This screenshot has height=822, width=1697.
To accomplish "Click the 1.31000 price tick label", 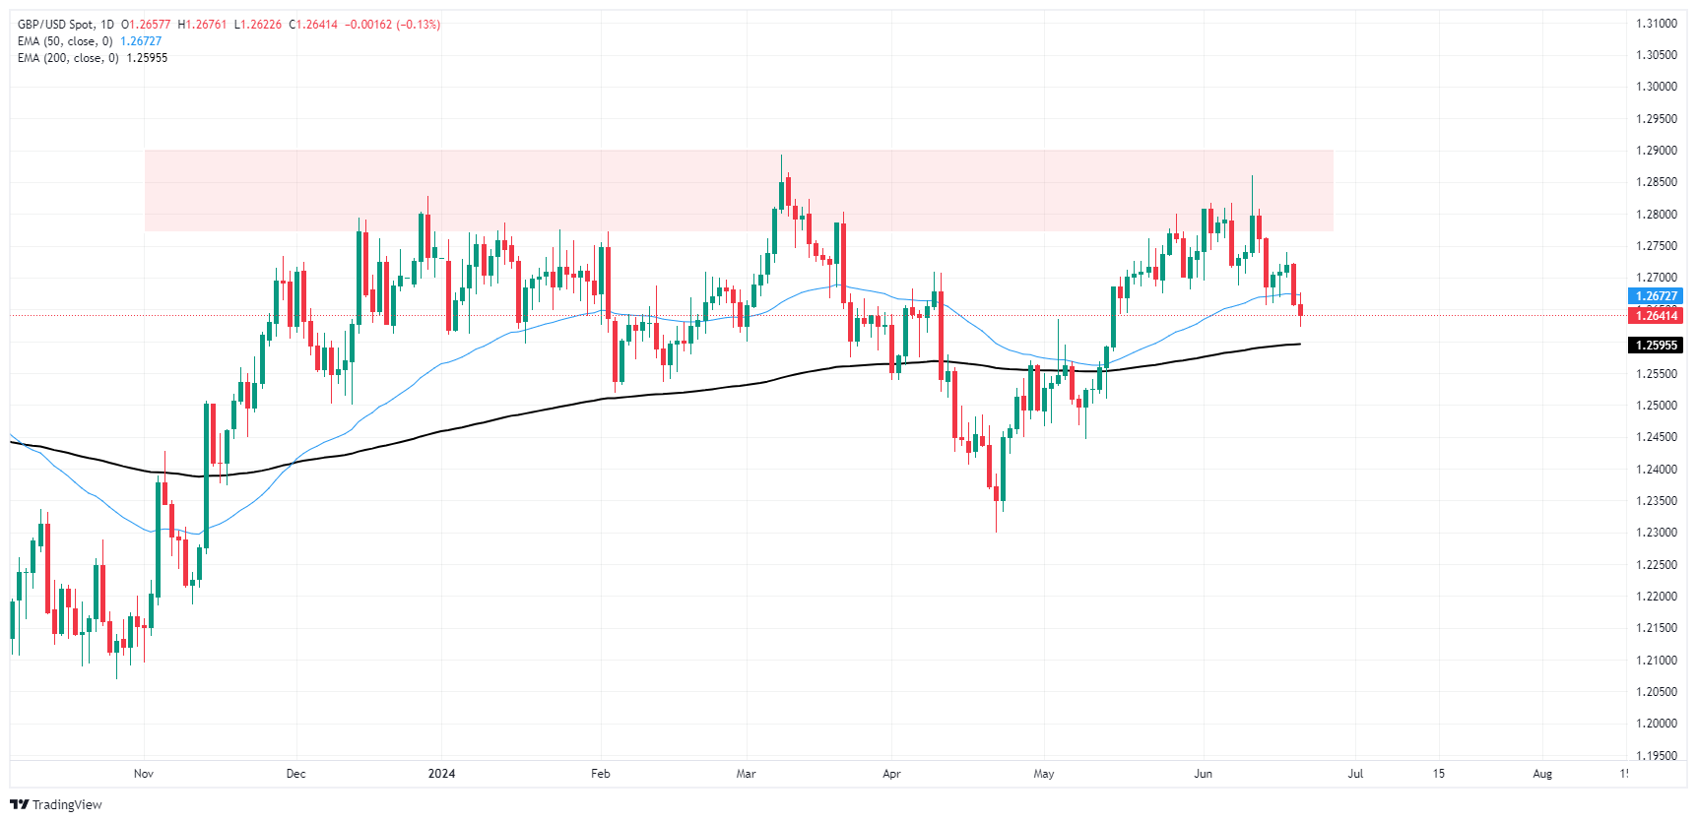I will click(1656, 24).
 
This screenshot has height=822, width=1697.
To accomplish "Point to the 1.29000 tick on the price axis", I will click(1656, 151).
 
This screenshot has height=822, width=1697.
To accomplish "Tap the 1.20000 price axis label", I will click(1656, 724).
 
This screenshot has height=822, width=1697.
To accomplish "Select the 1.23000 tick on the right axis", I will click(1656, 533).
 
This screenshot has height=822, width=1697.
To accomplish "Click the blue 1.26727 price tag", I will click(1656, 296).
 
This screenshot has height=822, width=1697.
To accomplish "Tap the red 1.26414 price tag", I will click(1656, 316).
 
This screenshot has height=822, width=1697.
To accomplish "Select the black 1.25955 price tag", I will click(1656, 346).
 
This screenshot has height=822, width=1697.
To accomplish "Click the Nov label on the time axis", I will click(144, 774).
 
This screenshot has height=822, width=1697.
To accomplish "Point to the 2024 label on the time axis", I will click(441, 774).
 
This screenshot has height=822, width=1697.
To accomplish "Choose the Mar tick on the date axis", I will click(746, 774).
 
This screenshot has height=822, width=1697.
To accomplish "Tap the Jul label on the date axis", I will click(1355, 774).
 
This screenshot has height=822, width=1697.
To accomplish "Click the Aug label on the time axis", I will click(1542, 774).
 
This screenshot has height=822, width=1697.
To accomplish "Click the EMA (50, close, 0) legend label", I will click(65, 41).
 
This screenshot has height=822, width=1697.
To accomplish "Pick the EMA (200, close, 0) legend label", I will click(68, 58).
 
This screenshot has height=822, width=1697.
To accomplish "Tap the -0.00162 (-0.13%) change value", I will click(392, 25).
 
